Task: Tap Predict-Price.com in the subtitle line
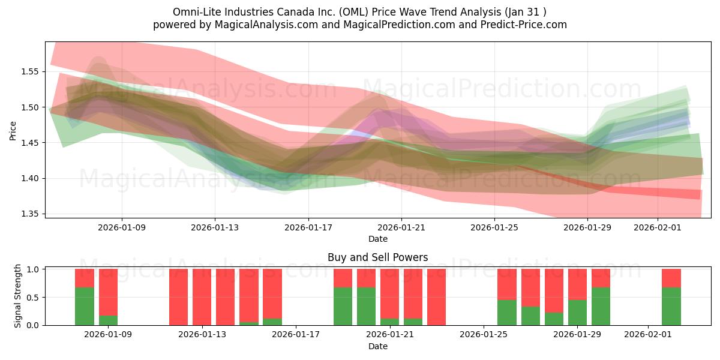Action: pyautogui.click(x=520, y=25)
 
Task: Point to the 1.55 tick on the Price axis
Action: pyautogui.click(x=30, y=71)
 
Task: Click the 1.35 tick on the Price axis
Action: pyautogui.click(x=30, y=214)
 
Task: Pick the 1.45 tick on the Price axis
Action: pyautogui.click(x=30, y=143)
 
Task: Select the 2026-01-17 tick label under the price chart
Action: pyautogui.click(x=308, y=227)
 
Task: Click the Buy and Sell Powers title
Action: pyautogui.click(x=377, y=257)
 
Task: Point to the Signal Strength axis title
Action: pyautogui.click(x=18, y=296)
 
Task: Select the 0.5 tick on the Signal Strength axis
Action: pyautogui.click(x=34, y=298)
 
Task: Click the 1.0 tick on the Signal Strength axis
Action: pyautogui.click(x=34, y=269)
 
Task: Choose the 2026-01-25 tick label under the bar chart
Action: pyautogui.click(x=483, y=335)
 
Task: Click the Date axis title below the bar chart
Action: pyautogui.click(x=377, y=346)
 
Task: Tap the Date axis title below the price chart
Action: pyautogui.click(x=377, y=239)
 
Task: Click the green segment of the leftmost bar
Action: pyautogui.click(x=85, y=307)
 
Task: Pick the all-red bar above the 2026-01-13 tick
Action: pyautogui.click(x=202, y=297)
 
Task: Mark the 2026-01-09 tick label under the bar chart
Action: pyautogui.click(x=108, y=335)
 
